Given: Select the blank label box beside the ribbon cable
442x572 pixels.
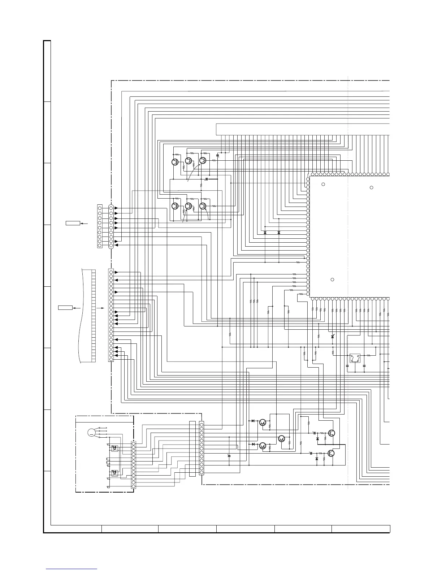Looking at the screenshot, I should [65, 308].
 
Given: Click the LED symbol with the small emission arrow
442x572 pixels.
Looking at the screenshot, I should [333, 337].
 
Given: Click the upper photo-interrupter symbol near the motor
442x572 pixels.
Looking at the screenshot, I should [114, 448].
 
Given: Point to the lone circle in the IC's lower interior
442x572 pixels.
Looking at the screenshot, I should [332, 280].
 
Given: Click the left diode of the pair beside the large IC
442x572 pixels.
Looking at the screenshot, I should [265, 233].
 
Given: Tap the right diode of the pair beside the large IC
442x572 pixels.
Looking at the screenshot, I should [279, 233].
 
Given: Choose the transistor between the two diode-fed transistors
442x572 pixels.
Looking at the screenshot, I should [282, 438].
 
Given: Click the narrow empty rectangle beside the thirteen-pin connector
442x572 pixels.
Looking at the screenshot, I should [192, 448].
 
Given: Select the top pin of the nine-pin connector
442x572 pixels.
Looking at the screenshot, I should [111, 208].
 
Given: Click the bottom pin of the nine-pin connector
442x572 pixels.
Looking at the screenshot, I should [111, 246].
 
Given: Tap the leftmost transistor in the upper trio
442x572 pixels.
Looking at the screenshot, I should [175, 162].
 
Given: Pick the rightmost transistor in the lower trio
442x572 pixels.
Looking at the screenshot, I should [203, 206].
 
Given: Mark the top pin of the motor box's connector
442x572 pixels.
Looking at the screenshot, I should [134, 443].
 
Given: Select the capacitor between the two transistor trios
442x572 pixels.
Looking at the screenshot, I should [207, 179].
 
